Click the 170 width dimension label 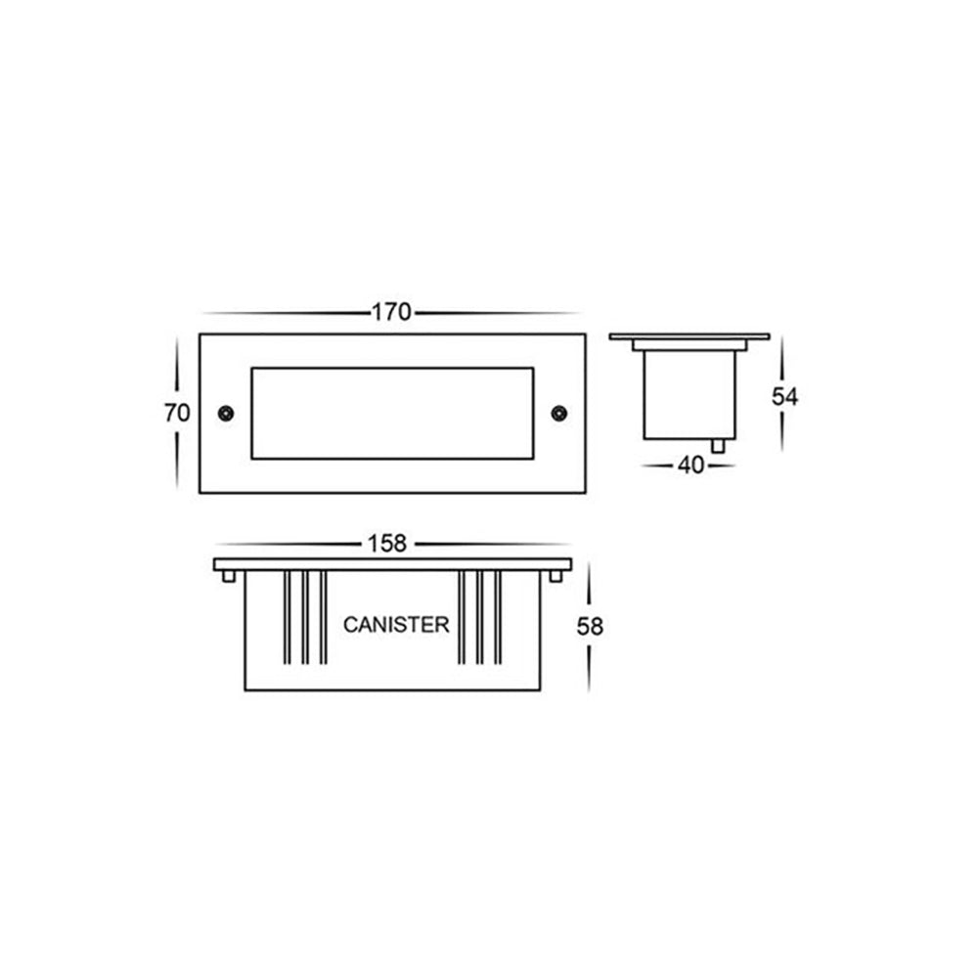click(x=390, y=313)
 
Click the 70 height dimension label click(x=177, y=413)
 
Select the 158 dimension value click(x=389, y=545)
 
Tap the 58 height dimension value click(x=590, y=627)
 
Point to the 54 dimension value click(x=784, y=397)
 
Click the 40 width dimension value click(x=690, y=466)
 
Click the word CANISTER click(x=396, y=625)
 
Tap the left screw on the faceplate click(x=225, y=413)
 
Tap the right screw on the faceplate click(x=559, y=413)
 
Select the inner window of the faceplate click(x=392, y=413)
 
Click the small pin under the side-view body click(x=720, y=446)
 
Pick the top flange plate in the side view click(x=689, y=336)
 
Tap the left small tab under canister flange click(x=228, y=576)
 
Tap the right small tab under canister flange click(x=555, y=576)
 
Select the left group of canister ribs click(x=304, y=618)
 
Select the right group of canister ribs click(x=479, y=618)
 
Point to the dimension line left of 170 click(x=284, y=313)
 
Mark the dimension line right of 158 click(x=489, y=544)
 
